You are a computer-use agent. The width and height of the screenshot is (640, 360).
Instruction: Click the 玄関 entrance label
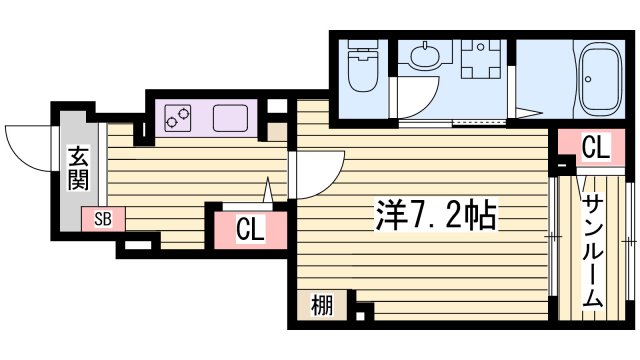pyautogui.click(x=79, y=168)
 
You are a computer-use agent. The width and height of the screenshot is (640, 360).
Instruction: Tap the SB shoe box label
pyautogui.click(x=103, y=218)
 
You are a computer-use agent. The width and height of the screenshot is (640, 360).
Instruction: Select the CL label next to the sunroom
pyautogui.click(x=595, y=150)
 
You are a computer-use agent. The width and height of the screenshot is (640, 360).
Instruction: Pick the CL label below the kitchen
pyautogui.click(x=249, y=230)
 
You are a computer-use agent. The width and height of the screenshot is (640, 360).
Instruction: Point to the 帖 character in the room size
pyautogui.click(x=484, y=214)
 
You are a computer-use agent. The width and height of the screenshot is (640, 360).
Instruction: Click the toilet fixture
pyautogui.click(x=359, y=68)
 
